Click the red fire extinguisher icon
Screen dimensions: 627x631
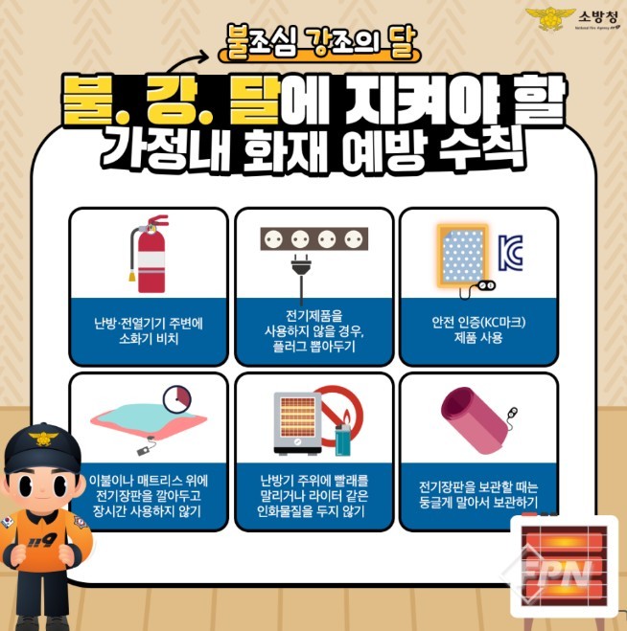150,255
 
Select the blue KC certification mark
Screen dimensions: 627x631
511,253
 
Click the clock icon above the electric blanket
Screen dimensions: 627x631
177,399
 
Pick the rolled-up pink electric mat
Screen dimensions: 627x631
476,419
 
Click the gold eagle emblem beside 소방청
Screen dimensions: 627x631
550,18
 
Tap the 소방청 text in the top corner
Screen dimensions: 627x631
598,17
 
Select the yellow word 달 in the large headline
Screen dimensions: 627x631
255,101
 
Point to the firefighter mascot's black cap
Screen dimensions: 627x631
43,448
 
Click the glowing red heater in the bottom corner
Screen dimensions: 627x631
564,567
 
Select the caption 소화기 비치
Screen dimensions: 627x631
149,338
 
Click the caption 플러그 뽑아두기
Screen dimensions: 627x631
313,347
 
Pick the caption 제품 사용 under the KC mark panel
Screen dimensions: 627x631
478,337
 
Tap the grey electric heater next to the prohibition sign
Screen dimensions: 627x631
298,423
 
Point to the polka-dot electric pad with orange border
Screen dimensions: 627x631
463,256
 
